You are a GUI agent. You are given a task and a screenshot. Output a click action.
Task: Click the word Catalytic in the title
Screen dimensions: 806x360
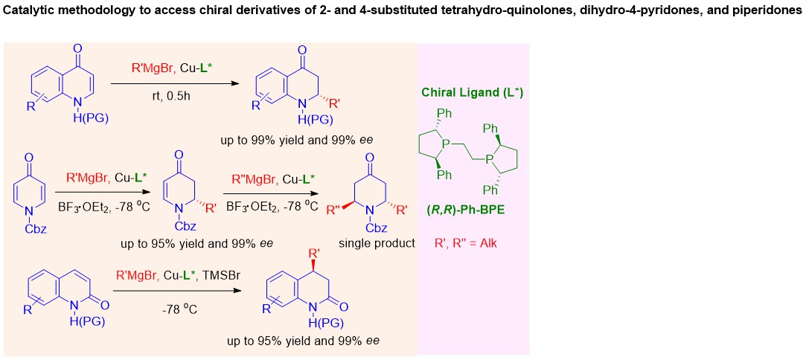(22, 10)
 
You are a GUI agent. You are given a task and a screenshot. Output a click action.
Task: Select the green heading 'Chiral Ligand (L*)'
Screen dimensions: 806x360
(473, 94)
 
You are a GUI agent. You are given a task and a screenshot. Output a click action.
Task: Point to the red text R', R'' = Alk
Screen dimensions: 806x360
(466, 243)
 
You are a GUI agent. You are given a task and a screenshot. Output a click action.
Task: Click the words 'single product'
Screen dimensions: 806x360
(377, 243)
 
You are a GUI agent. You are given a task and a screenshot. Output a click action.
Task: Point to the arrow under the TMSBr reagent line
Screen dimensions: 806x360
(177, 291)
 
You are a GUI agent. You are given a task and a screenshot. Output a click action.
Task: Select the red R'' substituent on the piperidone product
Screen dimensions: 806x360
(336, 210)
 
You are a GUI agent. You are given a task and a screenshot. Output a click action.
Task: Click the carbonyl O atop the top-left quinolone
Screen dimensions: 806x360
(77, 49)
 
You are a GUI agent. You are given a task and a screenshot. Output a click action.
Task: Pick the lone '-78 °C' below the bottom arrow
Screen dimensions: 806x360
(177, 311)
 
